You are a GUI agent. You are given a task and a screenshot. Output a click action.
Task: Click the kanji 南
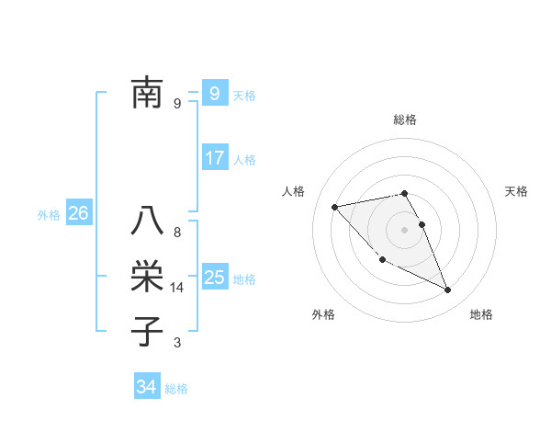[148, 93]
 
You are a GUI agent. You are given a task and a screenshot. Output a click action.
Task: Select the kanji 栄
[148, 277]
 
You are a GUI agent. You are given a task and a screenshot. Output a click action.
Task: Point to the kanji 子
[148, 331]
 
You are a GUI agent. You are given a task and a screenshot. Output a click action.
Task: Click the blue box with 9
[214, 93]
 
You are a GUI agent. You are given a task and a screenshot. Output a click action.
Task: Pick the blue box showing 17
[214, 157]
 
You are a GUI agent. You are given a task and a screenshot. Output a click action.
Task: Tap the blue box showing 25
[214, 277]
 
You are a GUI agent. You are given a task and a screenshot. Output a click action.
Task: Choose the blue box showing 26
[78, 213]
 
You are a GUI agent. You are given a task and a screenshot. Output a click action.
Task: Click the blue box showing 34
[147, 387]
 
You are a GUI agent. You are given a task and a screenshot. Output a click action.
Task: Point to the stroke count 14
[177, 288]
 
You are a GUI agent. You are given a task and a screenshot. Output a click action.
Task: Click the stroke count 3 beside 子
[177, 343]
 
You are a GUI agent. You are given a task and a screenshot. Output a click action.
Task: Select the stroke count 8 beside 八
[177, 233]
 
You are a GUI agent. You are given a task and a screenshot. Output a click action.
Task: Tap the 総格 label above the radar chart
[405, 119]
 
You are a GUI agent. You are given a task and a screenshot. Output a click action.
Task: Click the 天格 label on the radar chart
[517, 191]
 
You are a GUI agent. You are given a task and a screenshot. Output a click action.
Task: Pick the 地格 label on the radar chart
[481, 314]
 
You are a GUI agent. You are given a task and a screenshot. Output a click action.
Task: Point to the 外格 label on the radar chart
[323, 314]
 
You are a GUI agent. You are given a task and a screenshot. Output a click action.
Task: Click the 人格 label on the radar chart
[293, 191]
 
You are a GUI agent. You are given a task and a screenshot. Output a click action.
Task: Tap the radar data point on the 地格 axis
[448, 290]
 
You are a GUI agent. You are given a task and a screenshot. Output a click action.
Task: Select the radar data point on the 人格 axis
[335, 207]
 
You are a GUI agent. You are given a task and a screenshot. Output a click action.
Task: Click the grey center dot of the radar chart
[405, 230]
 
